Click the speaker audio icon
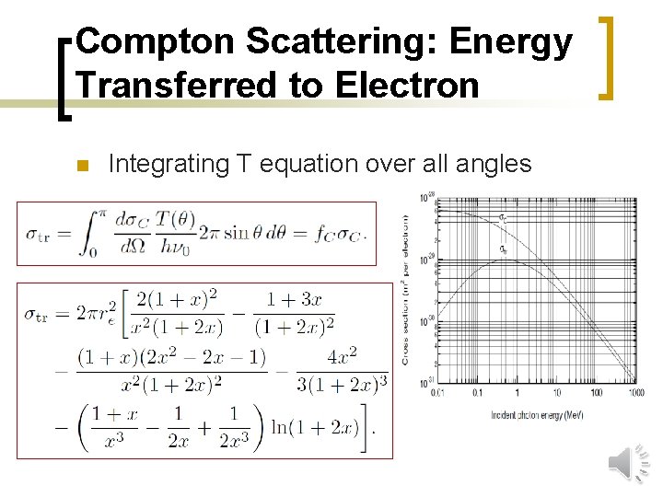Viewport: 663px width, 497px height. point(629,462)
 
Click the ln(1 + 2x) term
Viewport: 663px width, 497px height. point(327,427)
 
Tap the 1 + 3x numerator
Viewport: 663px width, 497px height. point(294,300)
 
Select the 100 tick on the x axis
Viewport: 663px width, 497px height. point(595,392)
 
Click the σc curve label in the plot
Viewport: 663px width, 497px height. point(503,218)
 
